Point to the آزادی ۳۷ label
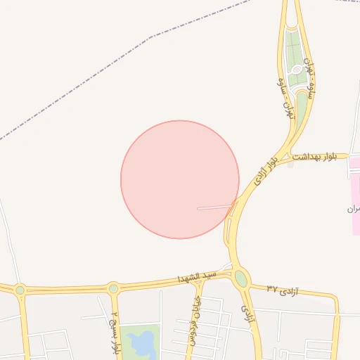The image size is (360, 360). (x=283, y=290)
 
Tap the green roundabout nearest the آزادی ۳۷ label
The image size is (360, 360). (x=241, y=278)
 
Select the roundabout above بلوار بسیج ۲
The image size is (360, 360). (x=113, y=288)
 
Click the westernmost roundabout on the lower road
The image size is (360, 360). (x=20, y=290)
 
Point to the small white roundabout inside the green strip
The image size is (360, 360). (x=297, y=70)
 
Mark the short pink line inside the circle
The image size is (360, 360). (x=215, y=207)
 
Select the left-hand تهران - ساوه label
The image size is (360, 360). (x=285, y=98)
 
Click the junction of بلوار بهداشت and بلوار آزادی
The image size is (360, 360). (x=290, y=155)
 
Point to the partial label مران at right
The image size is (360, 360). (x=353, y=210)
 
